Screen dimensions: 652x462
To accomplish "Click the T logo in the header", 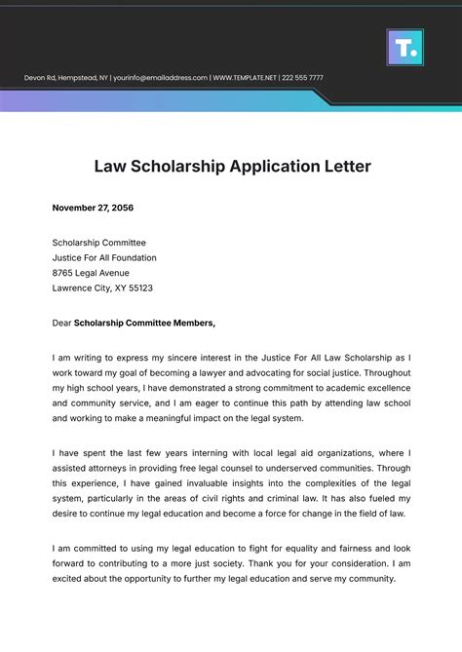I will pos(404,46).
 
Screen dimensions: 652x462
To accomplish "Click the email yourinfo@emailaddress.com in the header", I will pos(161,77).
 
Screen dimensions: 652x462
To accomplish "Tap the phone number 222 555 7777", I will pos(302,77).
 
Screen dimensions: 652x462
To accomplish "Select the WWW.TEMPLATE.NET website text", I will pos(245,77).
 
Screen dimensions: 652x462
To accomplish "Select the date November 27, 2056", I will pos(95,207).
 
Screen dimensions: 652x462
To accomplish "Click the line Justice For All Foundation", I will pos(104,257).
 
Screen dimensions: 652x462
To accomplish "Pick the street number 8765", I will pos(64,273).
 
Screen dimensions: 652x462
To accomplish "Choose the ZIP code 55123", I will pos(138,288).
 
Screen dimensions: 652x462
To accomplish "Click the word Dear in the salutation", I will pos(61,324).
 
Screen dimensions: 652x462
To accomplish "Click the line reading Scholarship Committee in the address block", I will pos(98,242).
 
